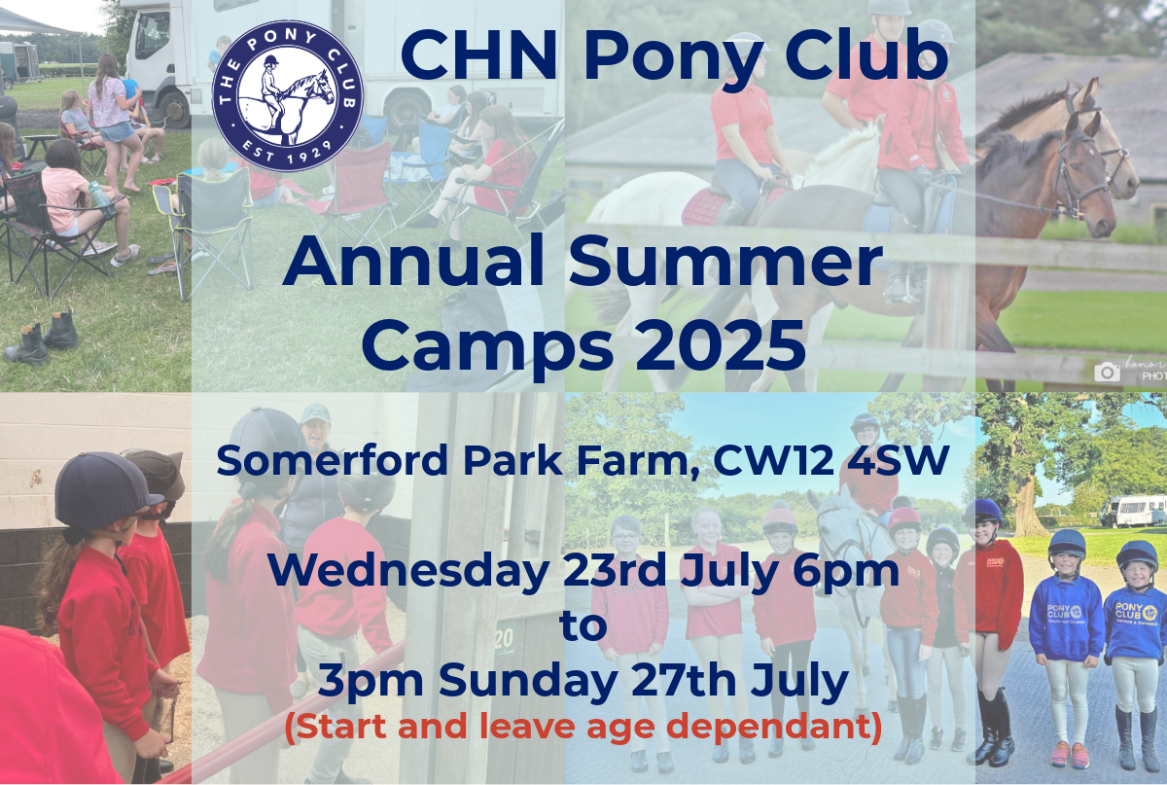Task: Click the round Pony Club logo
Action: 287,96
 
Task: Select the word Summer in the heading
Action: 725,260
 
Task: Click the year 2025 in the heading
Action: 721,345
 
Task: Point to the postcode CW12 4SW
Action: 831,460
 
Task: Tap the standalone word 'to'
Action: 583,625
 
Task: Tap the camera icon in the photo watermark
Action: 1107,372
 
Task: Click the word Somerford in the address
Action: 333,460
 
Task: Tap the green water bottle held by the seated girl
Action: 102,199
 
